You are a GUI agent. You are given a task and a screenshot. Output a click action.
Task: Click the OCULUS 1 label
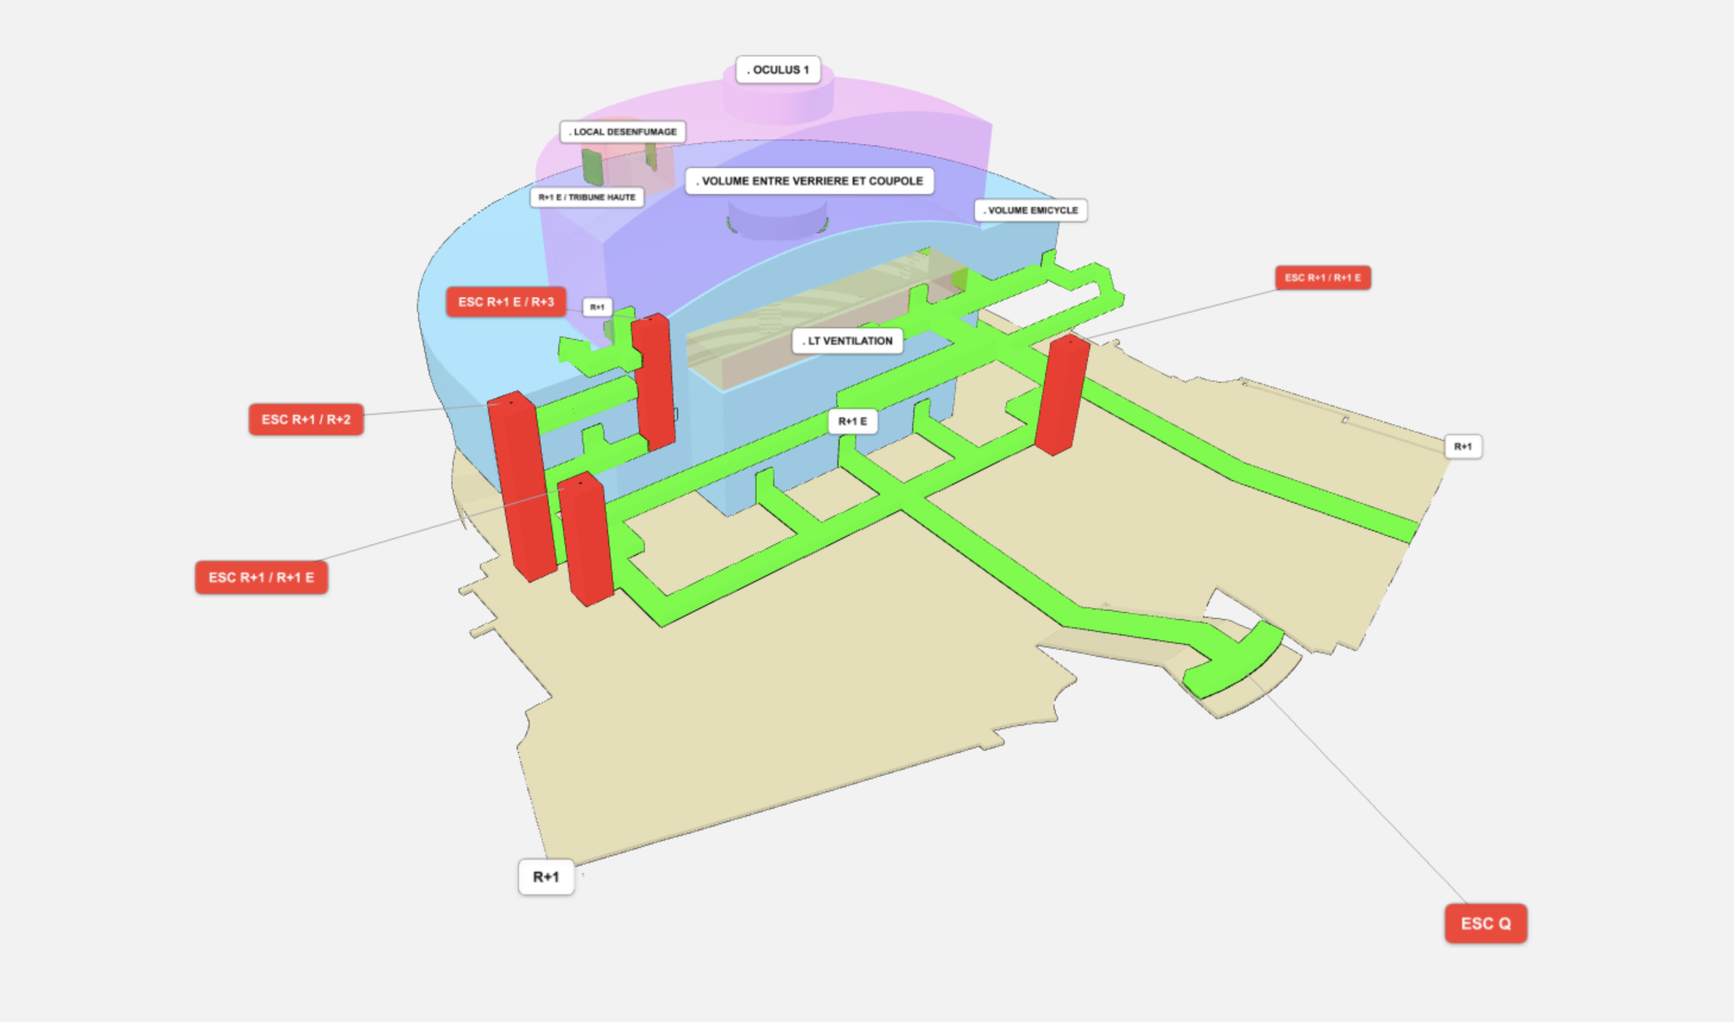pyautogui.click(x=778, y=69)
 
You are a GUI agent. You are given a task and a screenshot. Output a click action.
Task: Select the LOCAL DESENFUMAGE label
pyautogui.click(x=623, y=132)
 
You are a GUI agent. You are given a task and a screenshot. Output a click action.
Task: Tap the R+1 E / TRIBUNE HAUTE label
pyautogui.click(x=587, y=197)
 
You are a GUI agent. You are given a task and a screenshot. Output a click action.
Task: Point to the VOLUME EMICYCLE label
pyautogui.click(x=1031, y=210)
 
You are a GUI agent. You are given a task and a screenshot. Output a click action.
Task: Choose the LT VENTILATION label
pyautogui.click(x=847, y=341)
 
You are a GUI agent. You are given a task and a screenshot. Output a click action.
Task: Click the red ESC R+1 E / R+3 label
pyautogui.click(x=507, y=301)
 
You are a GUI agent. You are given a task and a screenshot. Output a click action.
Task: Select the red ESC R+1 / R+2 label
pyautogui.click(x=306, y=420)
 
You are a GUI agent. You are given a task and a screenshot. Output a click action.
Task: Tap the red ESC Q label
pyautogui.click(x=1486, y=923)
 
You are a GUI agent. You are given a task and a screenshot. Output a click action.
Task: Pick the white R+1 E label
pyautogui.click(x=853, y=421)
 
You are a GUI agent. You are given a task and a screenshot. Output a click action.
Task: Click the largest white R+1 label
pyautogui.click(x=546, y=877)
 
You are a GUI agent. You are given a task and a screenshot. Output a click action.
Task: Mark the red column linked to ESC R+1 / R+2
pyautogui.click(x=522, y=485)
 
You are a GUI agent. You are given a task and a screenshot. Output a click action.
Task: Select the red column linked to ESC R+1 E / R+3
pyautogui.click(x=653, y=382)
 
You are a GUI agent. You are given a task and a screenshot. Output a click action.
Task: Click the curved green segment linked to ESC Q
pyautogui.click(x=1233, y=661)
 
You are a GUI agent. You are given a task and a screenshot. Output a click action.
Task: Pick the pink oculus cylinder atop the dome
pyautogui.click(x=779, y=96)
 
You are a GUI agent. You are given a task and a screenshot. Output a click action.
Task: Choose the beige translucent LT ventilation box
pyautogui.click(x=827, y=320)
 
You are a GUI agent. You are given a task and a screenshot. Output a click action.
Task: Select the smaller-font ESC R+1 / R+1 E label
pyautogui.click(x=1322, y=278)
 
